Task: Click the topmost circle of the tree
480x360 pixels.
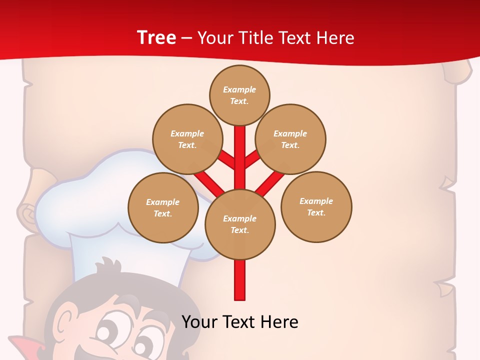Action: click(x=239, y=95)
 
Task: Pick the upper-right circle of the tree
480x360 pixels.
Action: click(x=290, y=139)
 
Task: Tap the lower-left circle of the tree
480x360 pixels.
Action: click(x=163, y=207)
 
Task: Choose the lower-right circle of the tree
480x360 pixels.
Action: click(x=316, y=206)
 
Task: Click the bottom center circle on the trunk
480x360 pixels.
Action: click(x=240, y=224)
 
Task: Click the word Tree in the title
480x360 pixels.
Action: click(x=156, y=37)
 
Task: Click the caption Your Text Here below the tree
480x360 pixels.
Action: click(x=240, y=322)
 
